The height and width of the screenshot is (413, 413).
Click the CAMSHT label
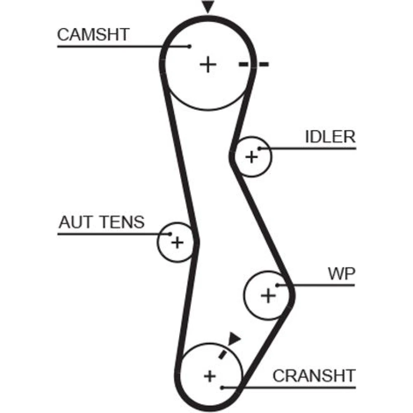(93, 35)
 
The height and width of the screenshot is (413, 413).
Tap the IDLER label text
(330, 137)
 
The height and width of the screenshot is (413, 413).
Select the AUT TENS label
(102, 222)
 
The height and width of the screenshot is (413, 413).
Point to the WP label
(341, 273)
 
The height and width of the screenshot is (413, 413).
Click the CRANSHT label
(314, 375)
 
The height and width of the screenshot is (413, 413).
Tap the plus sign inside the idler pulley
(251, 157)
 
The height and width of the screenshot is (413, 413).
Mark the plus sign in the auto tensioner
(177, 242)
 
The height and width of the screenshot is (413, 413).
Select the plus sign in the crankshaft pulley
(210, 376)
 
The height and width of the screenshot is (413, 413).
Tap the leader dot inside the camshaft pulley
(190, 46)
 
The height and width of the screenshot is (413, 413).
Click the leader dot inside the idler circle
(259, 148)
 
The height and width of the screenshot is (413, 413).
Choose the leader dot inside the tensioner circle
(170, 234)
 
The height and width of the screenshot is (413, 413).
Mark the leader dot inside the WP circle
(278, 285)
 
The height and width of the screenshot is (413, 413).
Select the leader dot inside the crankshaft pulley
(222, 387)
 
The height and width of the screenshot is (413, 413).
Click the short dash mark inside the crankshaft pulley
(223, 354)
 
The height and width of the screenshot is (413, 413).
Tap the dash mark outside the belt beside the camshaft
(263, 64)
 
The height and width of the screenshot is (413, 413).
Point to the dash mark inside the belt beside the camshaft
(244, 64)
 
